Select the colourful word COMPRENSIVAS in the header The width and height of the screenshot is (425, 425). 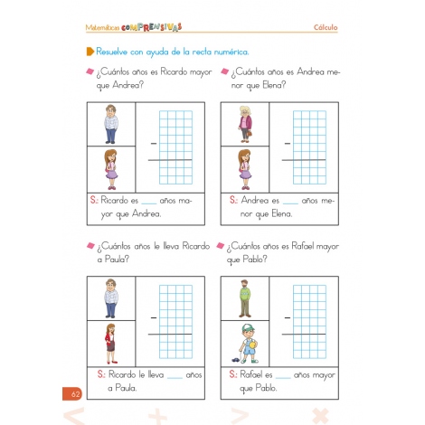point(153,28)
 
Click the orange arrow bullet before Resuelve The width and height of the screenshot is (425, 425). point(90,53)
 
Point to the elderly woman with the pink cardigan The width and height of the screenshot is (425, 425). point(243,123)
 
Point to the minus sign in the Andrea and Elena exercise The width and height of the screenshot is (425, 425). point(288,143)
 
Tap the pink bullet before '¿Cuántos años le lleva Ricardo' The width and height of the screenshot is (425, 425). point(90,246)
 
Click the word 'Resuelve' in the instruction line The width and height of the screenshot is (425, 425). point(116,53)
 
